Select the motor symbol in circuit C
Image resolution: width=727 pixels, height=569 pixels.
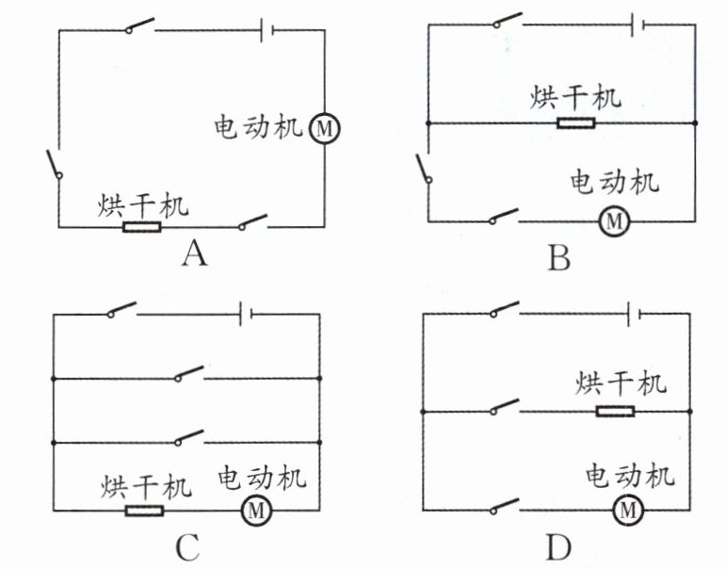(x=254, y=511)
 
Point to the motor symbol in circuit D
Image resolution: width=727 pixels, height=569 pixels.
(x=628, y=511)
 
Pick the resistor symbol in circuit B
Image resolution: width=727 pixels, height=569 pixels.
(x=574, y=123)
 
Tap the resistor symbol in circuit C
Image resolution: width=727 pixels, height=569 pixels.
(x=144, y=511)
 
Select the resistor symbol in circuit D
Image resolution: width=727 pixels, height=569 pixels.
(x=615, y=412)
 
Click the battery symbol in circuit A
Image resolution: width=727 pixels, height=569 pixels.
(x=267, y=30)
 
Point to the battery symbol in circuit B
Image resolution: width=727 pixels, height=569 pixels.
(x=637, y=21)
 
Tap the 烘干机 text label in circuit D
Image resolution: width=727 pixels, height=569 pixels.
(x=622, y=384)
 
